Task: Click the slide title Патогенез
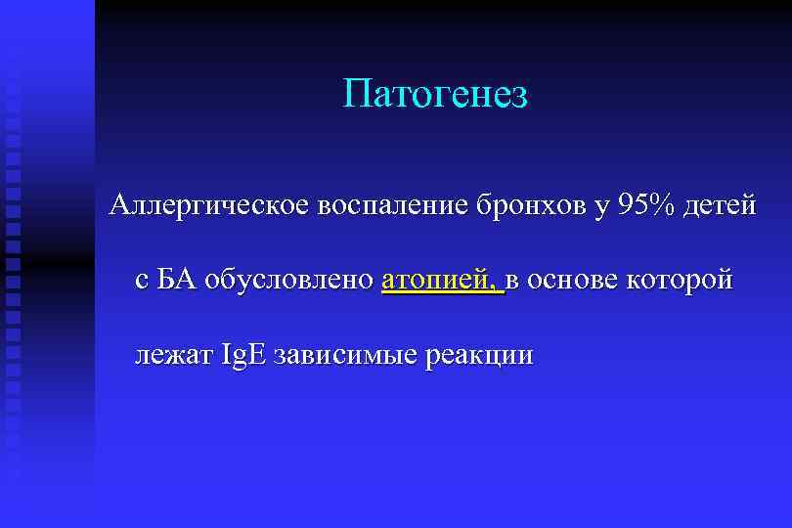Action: point(435,95)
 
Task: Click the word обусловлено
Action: point(288,280)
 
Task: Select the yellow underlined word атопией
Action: point(437,280)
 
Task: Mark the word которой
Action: point(684,280)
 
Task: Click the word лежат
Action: point(173,354)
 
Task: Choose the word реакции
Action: point(480,354)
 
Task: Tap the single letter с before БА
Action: point(142,282)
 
